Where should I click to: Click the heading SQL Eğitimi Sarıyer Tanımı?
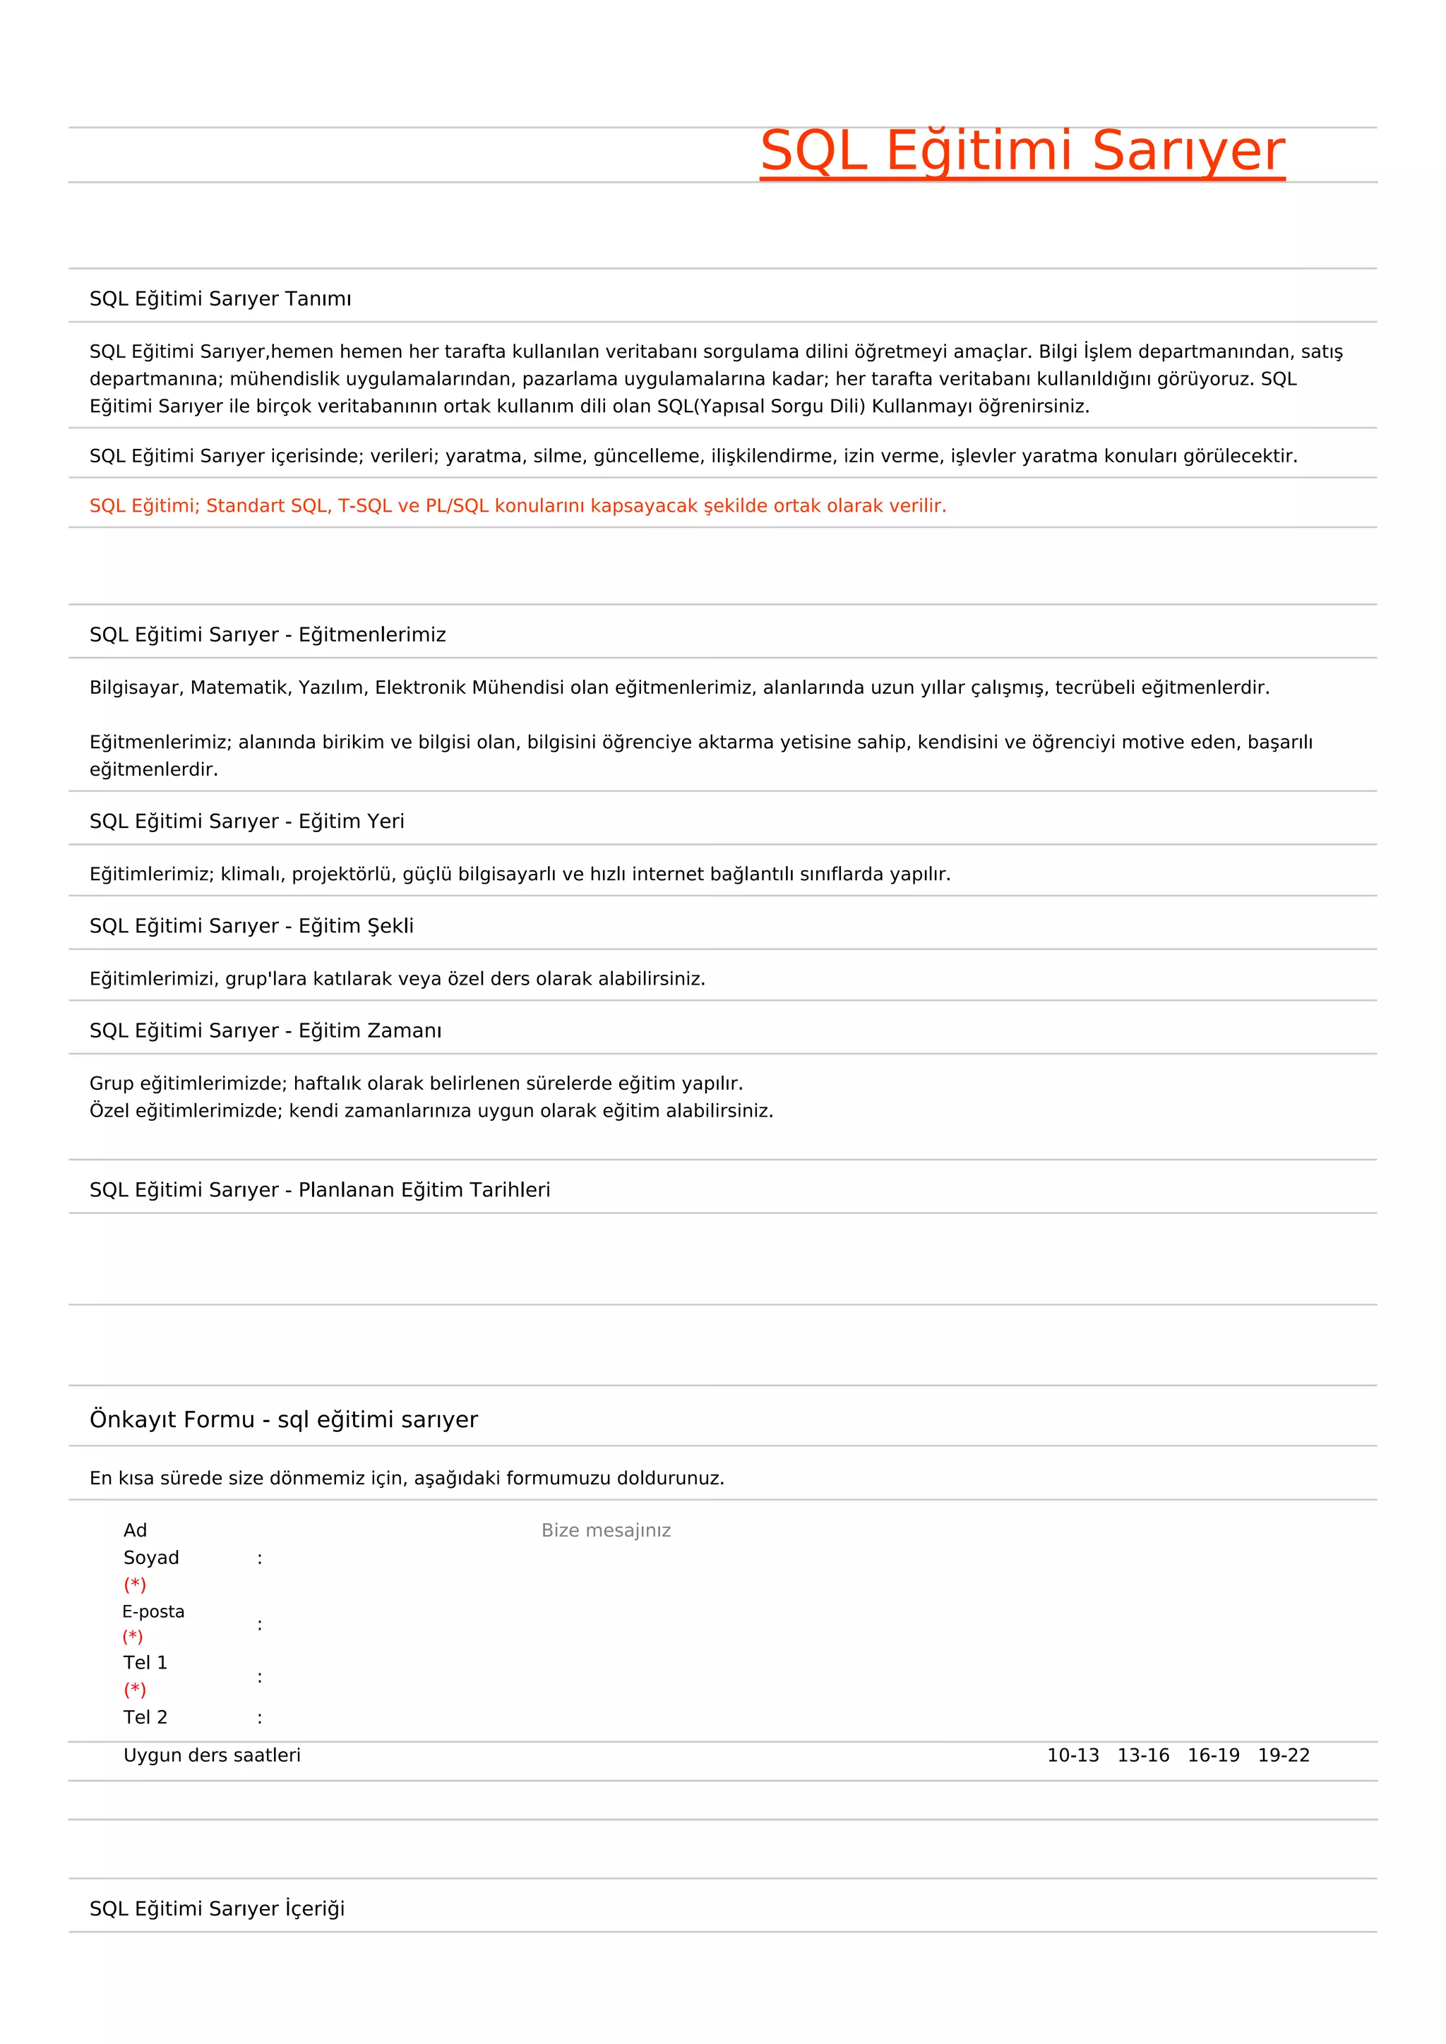point(220,299)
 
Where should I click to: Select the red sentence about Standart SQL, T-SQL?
point(518,505)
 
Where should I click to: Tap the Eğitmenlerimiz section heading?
point(267,635)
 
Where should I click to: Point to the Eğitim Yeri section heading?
point(246,821)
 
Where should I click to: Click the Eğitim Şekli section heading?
point(251,926)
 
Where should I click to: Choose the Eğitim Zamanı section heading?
point(265,1031)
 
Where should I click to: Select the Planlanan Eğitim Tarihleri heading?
point(320,1190)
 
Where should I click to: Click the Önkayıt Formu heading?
point(283,1419)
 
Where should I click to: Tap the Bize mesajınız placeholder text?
point(606,1530)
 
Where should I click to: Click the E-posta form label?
point(153,1611)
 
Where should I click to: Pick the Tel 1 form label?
point(145,1662)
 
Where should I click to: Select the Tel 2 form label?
point(145,1717)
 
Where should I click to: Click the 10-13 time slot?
point(1072,1755)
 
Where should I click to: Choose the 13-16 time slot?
point(1142,1755)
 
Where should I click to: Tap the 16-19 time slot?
point(1213,1755)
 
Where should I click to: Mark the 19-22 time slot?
point(1283,1755)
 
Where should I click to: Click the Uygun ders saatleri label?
point(212,1755)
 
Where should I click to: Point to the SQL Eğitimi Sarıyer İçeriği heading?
point(216,1908)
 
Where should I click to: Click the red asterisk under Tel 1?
point(134,1690)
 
